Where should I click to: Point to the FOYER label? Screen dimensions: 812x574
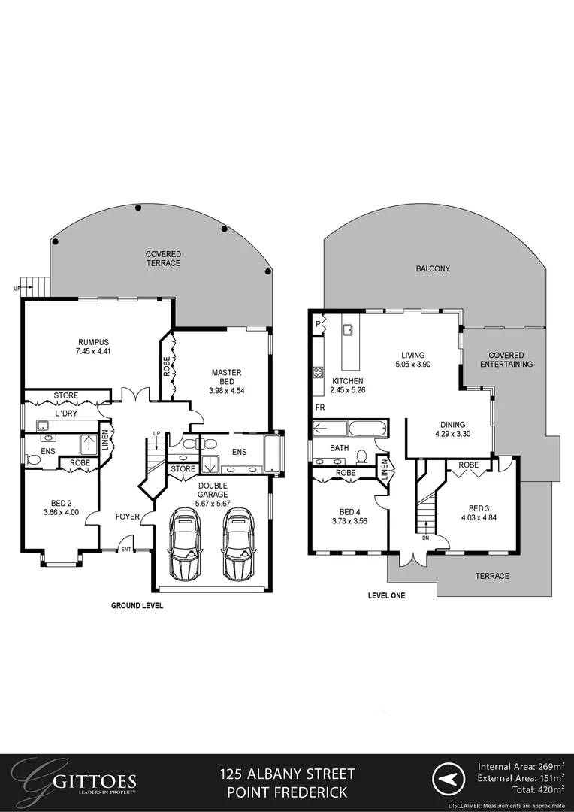[x=127, y=517]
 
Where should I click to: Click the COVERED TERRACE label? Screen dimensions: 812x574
[x=163, y=259]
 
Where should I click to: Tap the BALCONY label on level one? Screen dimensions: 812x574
[x=433, y=268]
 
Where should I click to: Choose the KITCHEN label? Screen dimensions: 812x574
[x=348, y=381]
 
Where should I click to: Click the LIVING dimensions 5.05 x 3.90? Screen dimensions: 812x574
[x=412, y=365]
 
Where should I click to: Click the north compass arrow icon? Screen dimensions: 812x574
[x=449, y=781]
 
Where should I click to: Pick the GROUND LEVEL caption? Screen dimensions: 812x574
[x=137, y=605]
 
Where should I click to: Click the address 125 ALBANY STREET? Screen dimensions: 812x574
[x=287, y=774]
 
